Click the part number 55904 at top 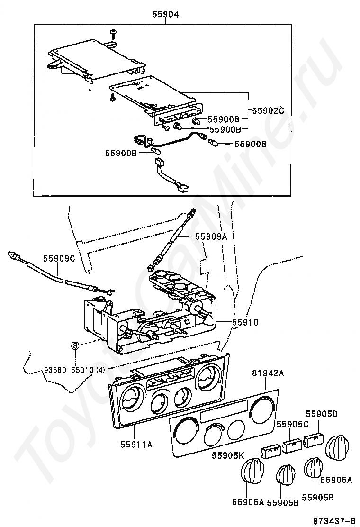point(165,14)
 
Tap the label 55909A point(211,236)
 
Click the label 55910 point(245,322)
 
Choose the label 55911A point(136,445)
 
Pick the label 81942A point(268,373)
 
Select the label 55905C point(292,424)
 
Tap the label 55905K point(227,456)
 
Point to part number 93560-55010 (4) point(74,371)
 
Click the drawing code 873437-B point(334,521)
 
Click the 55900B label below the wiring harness point(121,154)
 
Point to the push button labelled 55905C point(293,445)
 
